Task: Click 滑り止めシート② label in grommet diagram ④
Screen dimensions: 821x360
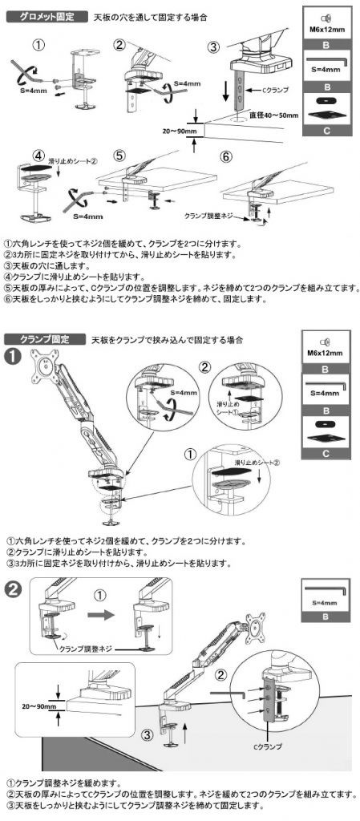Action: click(x=75, y=161)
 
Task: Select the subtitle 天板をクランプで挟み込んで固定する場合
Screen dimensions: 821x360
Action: click(x=168, y=340)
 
